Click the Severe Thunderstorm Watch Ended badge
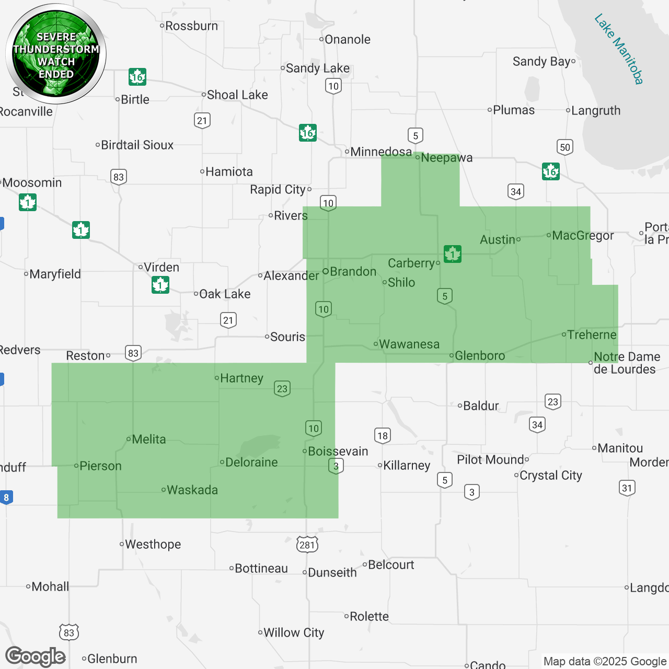coord(56,54)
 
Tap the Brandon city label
coord(353,271)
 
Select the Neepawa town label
coord(446,158)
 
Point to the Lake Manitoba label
coord(619,49)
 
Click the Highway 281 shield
coord(307,545)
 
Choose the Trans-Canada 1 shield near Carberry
coord(452,254)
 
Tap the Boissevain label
coord(338,451)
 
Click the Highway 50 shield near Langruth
coord(565,147)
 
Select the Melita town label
coord(148,439)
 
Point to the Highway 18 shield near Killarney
coord(383,435)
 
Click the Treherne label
coord(592,334)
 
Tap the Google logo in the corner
coord(36,656)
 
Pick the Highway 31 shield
coord(627,488)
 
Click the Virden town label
coord(161,267)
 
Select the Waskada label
coord(192,490)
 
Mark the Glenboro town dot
coord(452,356)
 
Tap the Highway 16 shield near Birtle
coord(137,77)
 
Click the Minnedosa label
coord(380,152)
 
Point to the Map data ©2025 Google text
coord(605,661)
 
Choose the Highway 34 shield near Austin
coord(516,191)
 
